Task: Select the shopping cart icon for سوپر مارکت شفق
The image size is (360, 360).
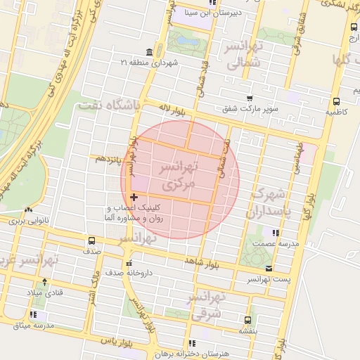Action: pos(250,99)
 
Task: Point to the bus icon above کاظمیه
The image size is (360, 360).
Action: pos(335,100)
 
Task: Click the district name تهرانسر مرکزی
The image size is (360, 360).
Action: pos(180,176)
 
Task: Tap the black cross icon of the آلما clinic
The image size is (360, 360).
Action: pos(134,198)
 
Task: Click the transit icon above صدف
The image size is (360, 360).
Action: pos(93,240)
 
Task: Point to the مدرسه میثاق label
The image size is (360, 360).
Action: pos(34,326)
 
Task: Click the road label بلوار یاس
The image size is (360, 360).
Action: pos(117,340)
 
